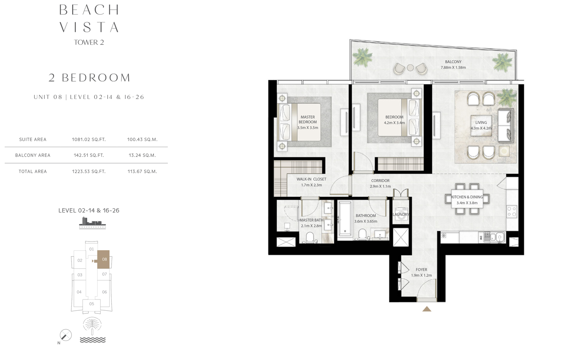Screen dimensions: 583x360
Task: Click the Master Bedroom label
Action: [x=308, y=119]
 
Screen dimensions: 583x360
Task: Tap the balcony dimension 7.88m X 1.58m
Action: [x=453, y=67]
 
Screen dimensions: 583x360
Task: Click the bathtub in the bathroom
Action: [x=345, y=218]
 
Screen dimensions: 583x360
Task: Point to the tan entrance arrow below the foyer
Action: [x=427, y=309]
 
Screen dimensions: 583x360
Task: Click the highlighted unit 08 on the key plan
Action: [x=103, y=259]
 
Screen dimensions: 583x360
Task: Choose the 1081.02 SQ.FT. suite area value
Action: [x=89, y=139]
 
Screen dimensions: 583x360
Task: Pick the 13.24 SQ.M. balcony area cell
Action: [x=142, y=155]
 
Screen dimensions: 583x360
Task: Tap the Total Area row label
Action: [x=33, y=171]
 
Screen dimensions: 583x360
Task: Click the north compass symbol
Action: [x=66, y=335]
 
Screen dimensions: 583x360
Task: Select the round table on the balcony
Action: [x=410, y=68]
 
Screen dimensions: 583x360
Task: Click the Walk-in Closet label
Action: [x=311, y=179]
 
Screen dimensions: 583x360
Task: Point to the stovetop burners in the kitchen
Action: [x=512, y=211]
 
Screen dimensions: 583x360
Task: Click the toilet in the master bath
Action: [x=310, y=238]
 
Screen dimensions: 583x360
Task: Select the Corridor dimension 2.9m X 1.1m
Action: [x=380, y=186]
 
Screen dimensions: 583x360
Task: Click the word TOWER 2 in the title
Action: [x=89, y=42]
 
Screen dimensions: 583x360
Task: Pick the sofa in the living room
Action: [x=506, y=126]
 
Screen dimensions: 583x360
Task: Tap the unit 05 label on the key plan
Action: [x=92, y=304]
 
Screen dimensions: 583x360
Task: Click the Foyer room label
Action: [x=421, y=270]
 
